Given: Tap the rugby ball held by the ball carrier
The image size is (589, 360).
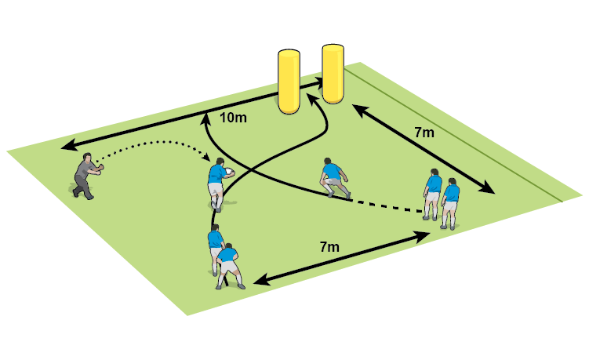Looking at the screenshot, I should (x=228, y=172).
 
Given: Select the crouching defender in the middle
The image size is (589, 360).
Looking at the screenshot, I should (x=334, y=179).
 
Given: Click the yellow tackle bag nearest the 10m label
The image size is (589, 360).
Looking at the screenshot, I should (x=289, y=82).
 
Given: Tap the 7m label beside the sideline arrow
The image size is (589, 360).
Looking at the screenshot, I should (x=424, y=133).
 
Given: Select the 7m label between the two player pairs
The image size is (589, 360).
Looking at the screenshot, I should (x=329, y=247).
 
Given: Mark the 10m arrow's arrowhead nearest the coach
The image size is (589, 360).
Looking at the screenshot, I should (x=66, y=145).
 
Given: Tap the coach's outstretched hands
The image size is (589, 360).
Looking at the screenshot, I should (x=100, y=166).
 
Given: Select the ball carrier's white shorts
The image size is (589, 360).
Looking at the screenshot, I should (x=216, y=190).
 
